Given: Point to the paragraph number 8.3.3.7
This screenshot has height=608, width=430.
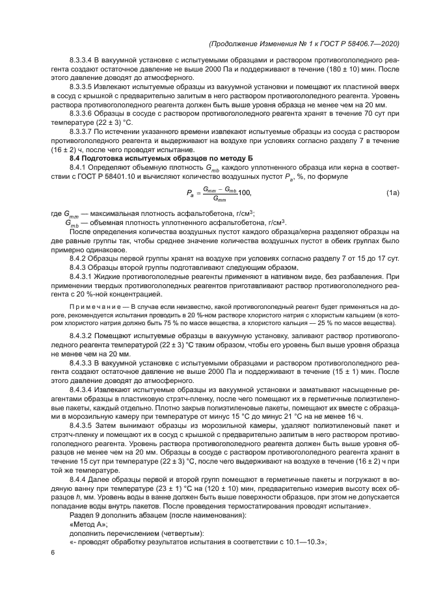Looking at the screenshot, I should [85, 131].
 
